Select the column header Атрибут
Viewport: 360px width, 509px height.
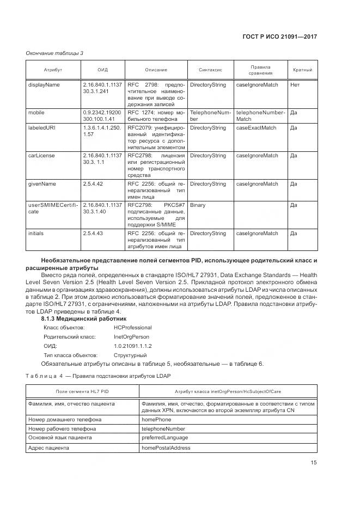(x=53, y=70)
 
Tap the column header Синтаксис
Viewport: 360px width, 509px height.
(x=210, y=70)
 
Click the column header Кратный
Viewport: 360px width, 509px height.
(x=302, y=70)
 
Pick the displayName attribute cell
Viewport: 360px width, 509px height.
(x=44, y=85)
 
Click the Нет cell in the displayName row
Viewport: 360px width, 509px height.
(x=295, y=85)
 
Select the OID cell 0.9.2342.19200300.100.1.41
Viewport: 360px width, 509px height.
(x=102, y=115)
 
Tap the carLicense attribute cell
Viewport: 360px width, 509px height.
(x=41, y=156)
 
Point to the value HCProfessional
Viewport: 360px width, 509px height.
(x=117, y=328)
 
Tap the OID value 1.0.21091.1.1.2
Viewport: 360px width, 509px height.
(x=118, y=346)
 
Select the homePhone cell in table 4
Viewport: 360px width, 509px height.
(x=156, y=419)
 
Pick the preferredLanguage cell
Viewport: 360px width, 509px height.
(x=164, y=438)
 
